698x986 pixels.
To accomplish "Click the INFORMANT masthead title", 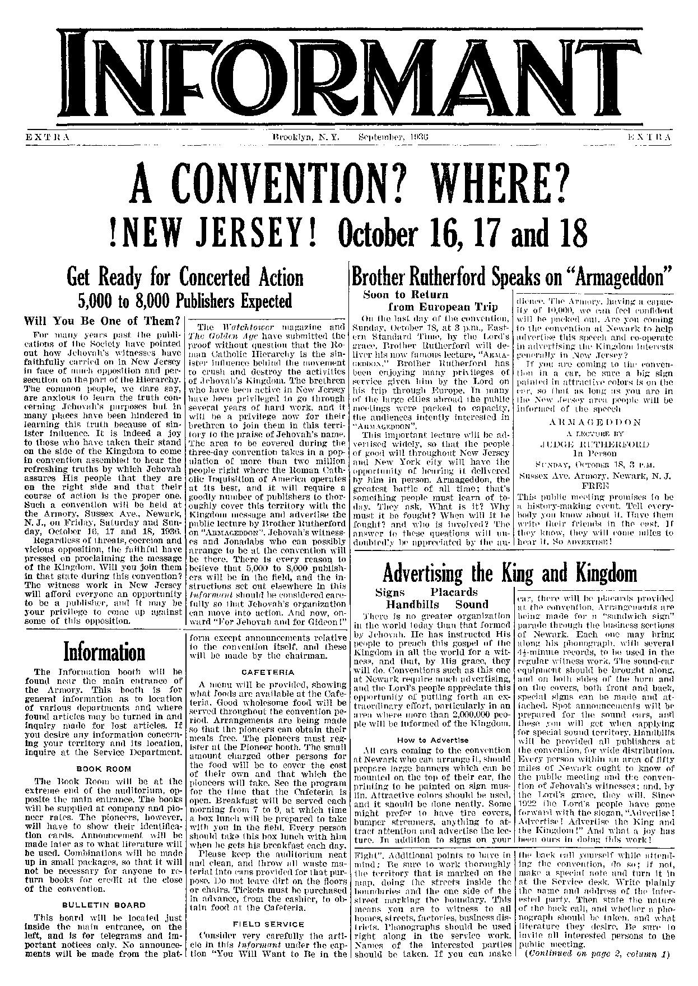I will (x=348, y=71).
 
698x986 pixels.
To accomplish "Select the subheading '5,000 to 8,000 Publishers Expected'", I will (x=185, y=301).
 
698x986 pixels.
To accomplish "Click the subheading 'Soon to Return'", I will (x=406, y=295).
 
